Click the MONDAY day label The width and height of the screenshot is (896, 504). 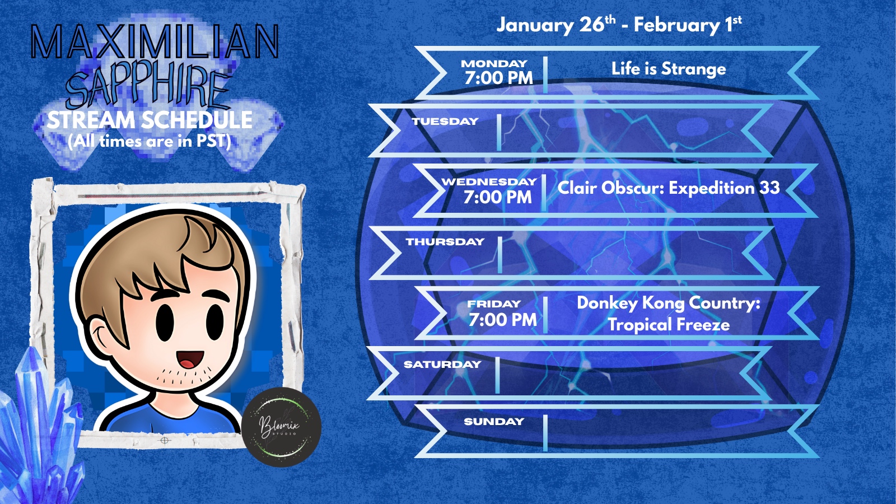(x=494, y=64)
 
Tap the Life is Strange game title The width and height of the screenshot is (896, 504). (x=669, y=69)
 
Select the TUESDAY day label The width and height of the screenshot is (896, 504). (x=445, y=121)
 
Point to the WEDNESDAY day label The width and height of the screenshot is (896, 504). (x=489, y=181)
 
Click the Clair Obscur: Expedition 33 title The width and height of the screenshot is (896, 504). (x=669, y=188)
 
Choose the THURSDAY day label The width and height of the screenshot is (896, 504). (x=445, y=241)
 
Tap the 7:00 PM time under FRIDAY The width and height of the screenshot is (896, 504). (x=502, y=320)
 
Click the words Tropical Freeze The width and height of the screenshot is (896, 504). (x=669, y=324)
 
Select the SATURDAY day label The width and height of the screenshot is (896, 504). (x=442, y=365)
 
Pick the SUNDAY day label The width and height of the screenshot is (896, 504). (x=494, y=421)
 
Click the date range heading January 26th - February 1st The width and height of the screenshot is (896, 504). (x=619, y=25)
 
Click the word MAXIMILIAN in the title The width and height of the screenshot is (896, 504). (x=155, y=42)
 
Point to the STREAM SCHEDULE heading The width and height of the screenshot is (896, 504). (x=150, y=120)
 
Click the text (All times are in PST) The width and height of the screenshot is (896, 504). (x=150, y=141)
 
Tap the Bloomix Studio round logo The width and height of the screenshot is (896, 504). (x=282, y=427)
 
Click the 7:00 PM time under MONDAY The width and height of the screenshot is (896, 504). (x=499, y=78)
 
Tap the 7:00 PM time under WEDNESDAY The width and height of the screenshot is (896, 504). (x=498, y=197)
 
